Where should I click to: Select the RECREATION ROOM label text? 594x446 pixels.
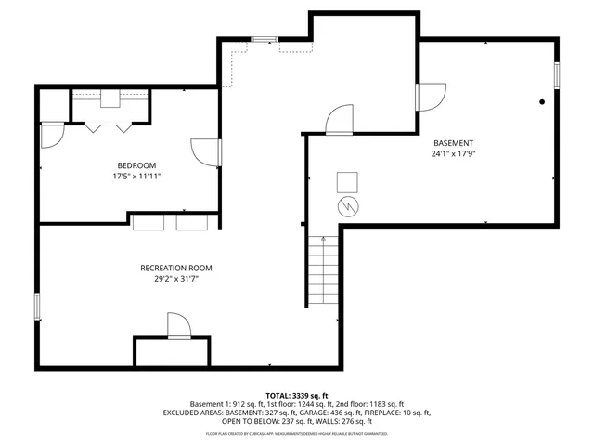coord(176,268)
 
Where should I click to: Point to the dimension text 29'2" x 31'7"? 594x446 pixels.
coord(176,278)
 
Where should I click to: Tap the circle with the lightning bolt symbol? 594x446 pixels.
coord(346,205)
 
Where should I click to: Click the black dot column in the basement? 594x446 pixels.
coord(542,102)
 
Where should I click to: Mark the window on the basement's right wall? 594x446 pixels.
coord(557,74)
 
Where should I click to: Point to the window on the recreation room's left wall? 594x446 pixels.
coord(37,306)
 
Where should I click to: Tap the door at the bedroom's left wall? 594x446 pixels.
coord(51,136)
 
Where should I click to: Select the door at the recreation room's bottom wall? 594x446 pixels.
coord(178,326)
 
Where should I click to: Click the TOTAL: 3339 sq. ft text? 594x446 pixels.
coord(297,395)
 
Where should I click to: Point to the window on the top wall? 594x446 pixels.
coord(264,39)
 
